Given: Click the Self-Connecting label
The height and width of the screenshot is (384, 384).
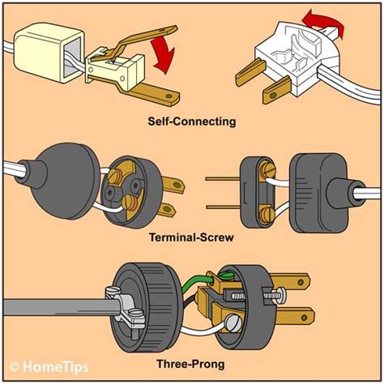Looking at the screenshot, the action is pos(192,122).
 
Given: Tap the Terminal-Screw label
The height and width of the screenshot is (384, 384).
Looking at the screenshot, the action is pos(191,238).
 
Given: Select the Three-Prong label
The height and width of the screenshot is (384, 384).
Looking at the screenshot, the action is pos(190,364).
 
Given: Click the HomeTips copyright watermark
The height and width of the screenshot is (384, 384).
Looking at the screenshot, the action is pos(49,367).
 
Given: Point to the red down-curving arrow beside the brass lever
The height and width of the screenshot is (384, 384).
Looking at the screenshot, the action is pos(164,54).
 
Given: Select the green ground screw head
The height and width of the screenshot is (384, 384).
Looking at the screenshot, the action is pos(226,275).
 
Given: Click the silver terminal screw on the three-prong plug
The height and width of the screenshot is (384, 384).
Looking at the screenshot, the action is pos(234,323).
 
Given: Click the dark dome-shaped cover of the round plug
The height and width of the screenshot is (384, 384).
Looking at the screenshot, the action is pos(62,181).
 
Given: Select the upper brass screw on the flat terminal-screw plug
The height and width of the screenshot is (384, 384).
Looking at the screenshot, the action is pos(267,170).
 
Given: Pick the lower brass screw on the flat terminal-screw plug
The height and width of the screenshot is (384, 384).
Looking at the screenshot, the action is pos(267,215).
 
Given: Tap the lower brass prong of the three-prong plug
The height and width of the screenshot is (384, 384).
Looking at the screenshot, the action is pos(294,317).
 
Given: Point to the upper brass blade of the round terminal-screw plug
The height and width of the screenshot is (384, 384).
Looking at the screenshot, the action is pos(173,186).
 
